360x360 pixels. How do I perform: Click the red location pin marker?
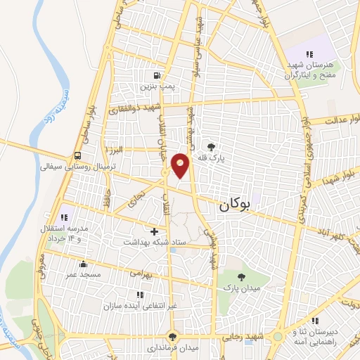click(181, 165)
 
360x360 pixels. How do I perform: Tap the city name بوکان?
click(235, 205)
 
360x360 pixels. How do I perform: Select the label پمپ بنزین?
click(156, 86)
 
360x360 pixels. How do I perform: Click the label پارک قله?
click(212, 159)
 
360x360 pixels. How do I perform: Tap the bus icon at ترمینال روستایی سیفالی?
click(77, 156)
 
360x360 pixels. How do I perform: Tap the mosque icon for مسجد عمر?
click(84, 264)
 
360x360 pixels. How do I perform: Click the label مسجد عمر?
click(84, 274)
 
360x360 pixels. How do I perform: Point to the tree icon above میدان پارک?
click(242, 277)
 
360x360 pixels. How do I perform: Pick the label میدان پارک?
click(242, 288)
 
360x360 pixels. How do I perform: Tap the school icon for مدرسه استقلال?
click(67, 217)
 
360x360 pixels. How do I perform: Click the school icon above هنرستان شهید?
click(308, 55)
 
